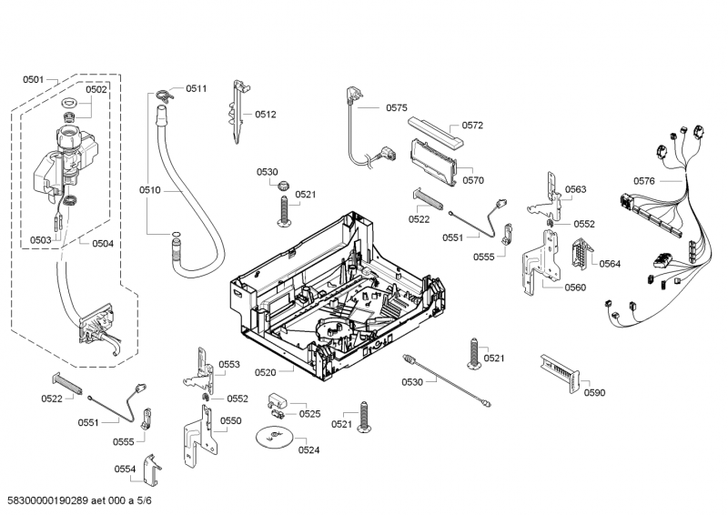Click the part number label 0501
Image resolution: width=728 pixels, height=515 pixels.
pos(34,79)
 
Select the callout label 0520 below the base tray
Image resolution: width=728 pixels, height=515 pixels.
pos(265,372)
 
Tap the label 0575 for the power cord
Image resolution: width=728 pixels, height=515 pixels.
pos(397,107)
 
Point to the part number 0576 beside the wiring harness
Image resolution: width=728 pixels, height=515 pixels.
pos(644,181)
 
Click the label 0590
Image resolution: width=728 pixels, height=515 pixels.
pos(594,392)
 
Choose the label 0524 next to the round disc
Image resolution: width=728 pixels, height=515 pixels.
pos(308,449)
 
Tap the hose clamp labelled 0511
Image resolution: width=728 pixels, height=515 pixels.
pos(164,95)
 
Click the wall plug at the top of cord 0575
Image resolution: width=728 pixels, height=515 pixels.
pos(354,96)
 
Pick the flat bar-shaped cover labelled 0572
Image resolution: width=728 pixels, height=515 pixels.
pos(436,131)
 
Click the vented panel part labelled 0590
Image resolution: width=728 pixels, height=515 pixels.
pos(561,373)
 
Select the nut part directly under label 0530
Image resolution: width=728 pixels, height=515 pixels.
pos(282,187)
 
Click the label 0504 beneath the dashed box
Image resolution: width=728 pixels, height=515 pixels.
pos(103,243)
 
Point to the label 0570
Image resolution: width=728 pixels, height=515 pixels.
pos(473,180)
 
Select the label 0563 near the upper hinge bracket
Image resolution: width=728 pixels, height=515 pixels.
pos(575,189)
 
